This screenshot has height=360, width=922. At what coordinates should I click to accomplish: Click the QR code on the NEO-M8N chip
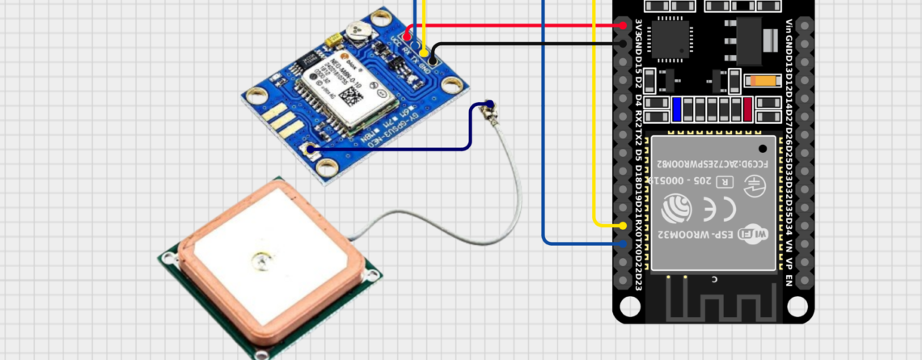(351, 94)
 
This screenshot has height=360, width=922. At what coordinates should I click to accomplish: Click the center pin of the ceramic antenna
(260, 260)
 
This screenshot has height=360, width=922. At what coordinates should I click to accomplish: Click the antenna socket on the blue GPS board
(311, 149)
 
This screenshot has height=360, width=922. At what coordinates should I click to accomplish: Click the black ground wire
(526, 43)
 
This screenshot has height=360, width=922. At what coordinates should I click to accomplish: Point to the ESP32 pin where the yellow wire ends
(624, 225)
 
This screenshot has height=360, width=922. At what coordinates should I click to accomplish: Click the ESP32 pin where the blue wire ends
(624, 243)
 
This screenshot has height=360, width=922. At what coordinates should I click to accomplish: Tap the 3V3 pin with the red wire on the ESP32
(624, 25)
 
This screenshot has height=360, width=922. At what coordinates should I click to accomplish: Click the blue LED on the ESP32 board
(677, 108)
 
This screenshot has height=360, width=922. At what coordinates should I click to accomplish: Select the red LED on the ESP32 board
(747, 108)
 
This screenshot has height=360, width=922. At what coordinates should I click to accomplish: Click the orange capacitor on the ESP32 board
(763, 81)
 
